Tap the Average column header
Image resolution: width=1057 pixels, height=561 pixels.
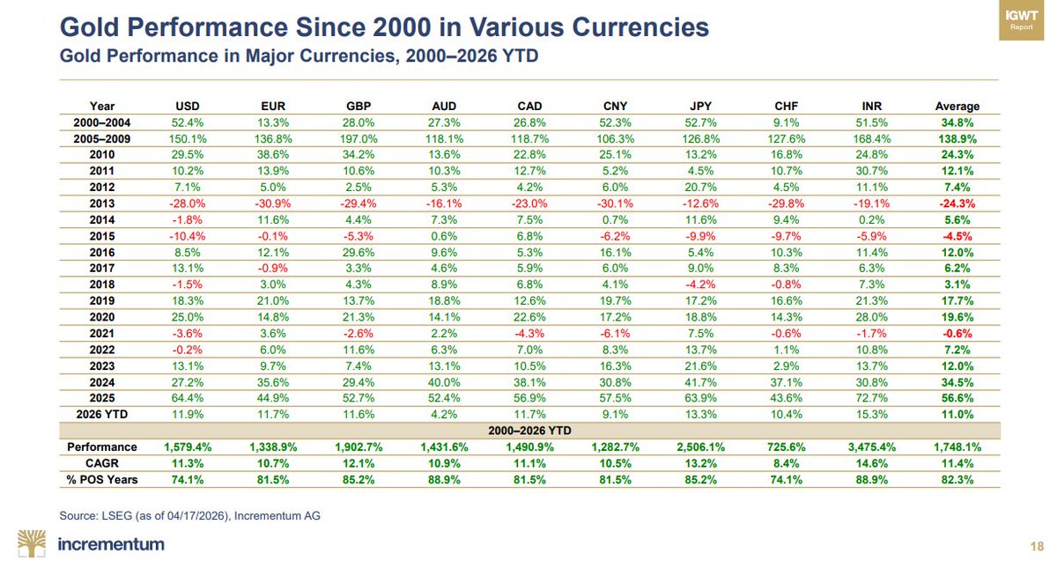pyautogui.click(x=956, y=107)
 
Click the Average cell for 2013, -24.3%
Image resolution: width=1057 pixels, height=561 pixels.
pyautogui.click(x=956, y=202)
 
